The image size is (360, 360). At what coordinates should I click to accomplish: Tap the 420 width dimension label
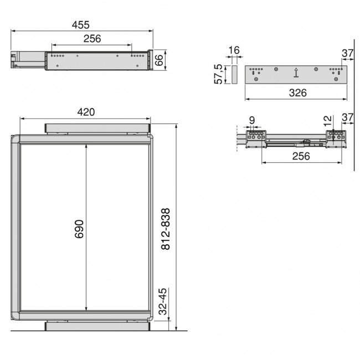click(85, 112)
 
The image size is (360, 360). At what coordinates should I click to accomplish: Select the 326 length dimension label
click(297, 93)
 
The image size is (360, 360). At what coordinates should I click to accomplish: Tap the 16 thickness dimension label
click(234, 50)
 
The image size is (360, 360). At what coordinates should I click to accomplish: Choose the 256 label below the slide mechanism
click(301, 156)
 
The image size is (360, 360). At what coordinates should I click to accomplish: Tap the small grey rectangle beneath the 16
click(234, 75)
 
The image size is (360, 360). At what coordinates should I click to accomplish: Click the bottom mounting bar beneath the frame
click(98, 326)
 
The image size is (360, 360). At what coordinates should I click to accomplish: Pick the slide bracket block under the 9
click(256, 137)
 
